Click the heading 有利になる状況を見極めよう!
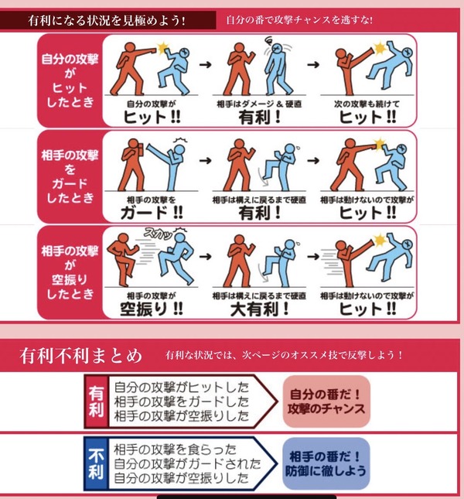click(x=107, y=21)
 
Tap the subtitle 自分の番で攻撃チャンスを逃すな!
click(x=299, y=20)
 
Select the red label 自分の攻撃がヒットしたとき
click(x=70, y=80)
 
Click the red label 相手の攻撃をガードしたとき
click(x=70, y=176)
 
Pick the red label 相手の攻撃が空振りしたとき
click(x=70, y=272)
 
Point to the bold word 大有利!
click(x=260, y=309)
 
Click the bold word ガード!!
click(x=152, y=213)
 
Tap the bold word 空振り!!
click(x=152, y=309)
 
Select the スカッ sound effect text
click(x=158, y=234)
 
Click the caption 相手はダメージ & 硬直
click(x=259, y=104)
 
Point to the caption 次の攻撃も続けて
click(x=367, y=104)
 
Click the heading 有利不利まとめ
click(x=80, y=355)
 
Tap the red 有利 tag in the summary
click(x=96, y=402)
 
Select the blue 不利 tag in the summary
click(x=96, y=463)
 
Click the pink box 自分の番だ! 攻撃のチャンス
click(x=326, y=402)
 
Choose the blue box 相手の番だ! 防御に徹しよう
click(x=326, y=463)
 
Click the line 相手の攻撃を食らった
click(x=176, y=449)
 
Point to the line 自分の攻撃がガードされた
click(x=187, y=463)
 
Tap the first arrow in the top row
click(x=206, y=65)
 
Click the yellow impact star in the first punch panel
click(x=162, y=48)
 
